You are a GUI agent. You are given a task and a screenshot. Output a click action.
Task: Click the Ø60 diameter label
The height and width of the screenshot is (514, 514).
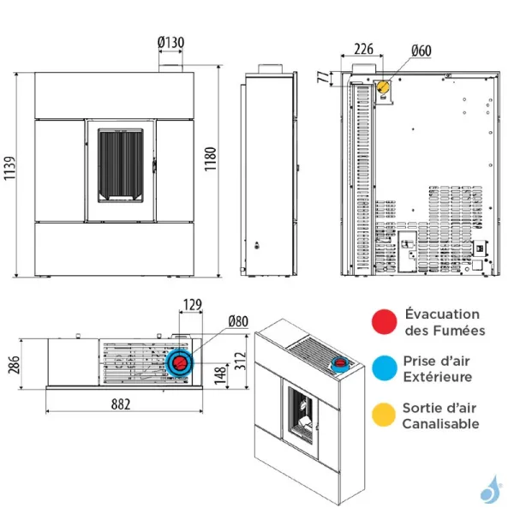[x=420, y=51]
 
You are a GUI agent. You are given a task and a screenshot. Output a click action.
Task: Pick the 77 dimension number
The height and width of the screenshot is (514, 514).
[x=322, y=79]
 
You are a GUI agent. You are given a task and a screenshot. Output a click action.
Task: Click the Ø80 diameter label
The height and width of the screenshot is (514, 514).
[x=237, y=323]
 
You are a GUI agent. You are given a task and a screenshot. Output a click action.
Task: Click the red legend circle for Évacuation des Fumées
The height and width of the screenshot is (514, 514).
[x=384, y=322]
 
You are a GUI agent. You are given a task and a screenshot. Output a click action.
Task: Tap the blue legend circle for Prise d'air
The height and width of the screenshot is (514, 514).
[x=384, y=368]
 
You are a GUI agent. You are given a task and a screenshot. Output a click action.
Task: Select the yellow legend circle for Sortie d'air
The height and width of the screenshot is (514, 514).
[x=384, y=415]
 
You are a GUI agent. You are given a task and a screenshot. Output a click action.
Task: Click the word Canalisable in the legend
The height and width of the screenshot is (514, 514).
[x=442, y=423]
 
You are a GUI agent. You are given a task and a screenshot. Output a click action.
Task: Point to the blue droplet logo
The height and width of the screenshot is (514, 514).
[x=489, y=492]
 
